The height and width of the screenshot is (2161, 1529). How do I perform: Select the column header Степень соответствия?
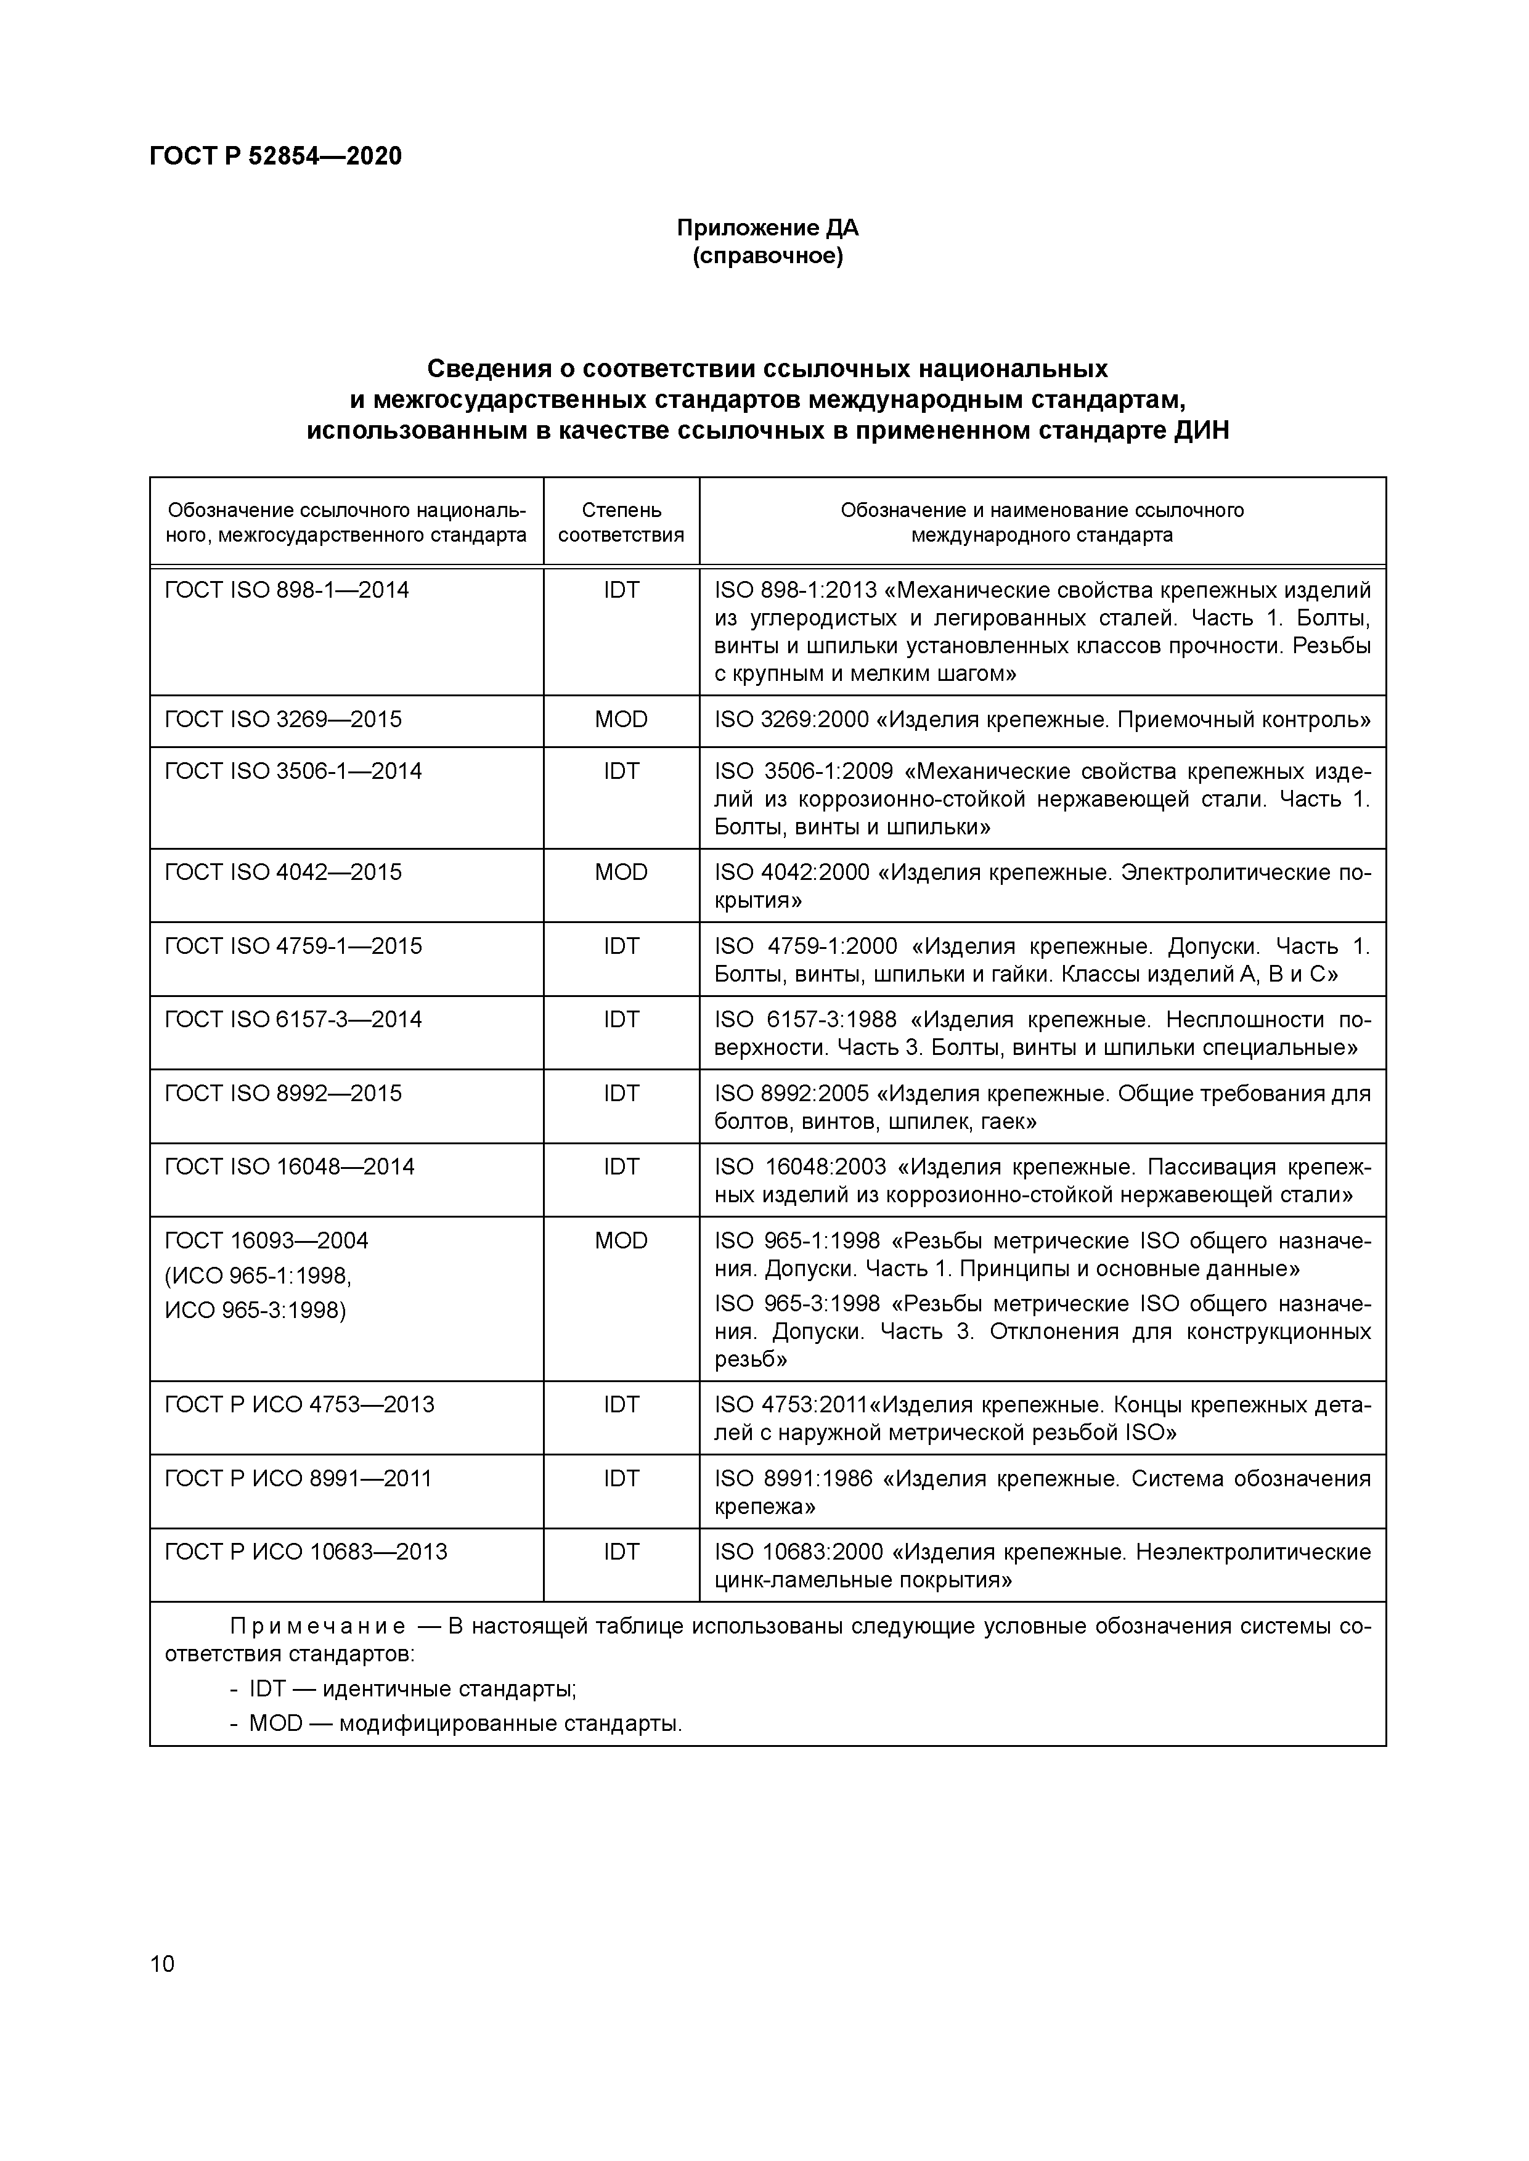click(621, 523)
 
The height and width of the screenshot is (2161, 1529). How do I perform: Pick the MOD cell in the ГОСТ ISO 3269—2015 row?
click(621, 720)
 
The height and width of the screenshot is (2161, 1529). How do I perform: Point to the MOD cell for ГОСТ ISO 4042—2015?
click(621, 873)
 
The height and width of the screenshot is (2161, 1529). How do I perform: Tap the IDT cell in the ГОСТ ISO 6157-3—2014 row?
click(621, 1019)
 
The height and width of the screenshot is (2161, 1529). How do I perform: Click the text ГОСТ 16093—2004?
click(266, 1240)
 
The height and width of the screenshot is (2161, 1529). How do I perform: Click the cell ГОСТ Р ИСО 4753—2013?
click(300, 1405)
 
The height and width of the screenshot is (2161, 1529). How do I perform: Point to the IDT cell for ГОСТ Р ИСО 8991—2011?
click(621, 1479)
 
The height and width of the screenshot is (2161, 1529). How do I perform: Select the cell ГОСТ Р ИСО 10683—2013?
click(306, 1552)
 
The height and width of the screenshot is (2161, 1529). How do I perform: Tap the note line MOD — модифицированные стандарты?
click(464, 1724)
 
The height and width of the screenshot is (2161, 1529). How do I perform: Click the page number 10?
click(162, 1963)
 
